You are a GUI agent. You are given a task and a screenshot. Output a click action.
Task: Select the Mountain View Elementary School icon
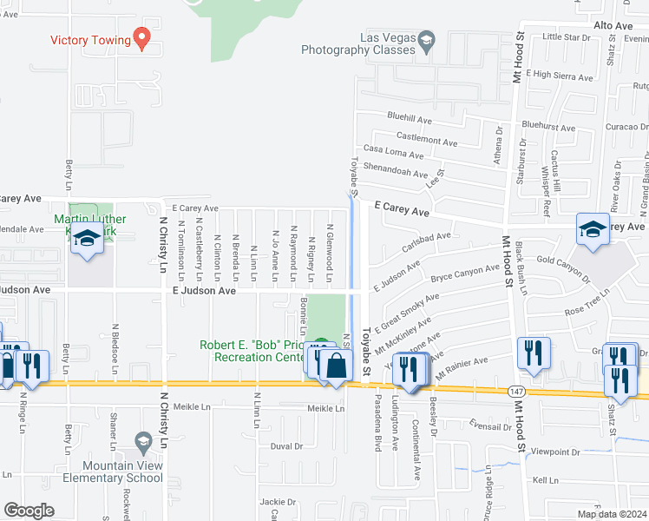(x=143, y=443)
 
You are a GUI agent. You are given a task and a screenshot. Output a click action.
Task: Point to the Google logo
(x=29, y=511)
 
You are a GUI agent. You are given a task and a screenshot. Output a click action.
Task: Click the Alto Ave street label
(x=613, y=27)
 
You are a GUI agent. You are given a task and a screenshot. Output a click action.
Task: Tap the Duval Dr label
(x=285, y=446)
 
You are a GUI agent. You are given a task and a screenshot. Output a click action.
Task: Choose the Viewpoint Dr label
(x=555, y=452)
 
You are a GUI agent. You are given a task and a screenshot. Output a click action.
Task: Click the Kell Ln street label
(x=546, y=479)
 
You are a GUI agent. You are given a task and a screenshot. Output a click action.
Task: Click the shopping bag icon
(x=336, y=367)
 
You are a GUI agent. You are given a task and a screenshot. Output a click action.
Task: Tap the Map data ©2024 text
(x=611, y=514)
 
